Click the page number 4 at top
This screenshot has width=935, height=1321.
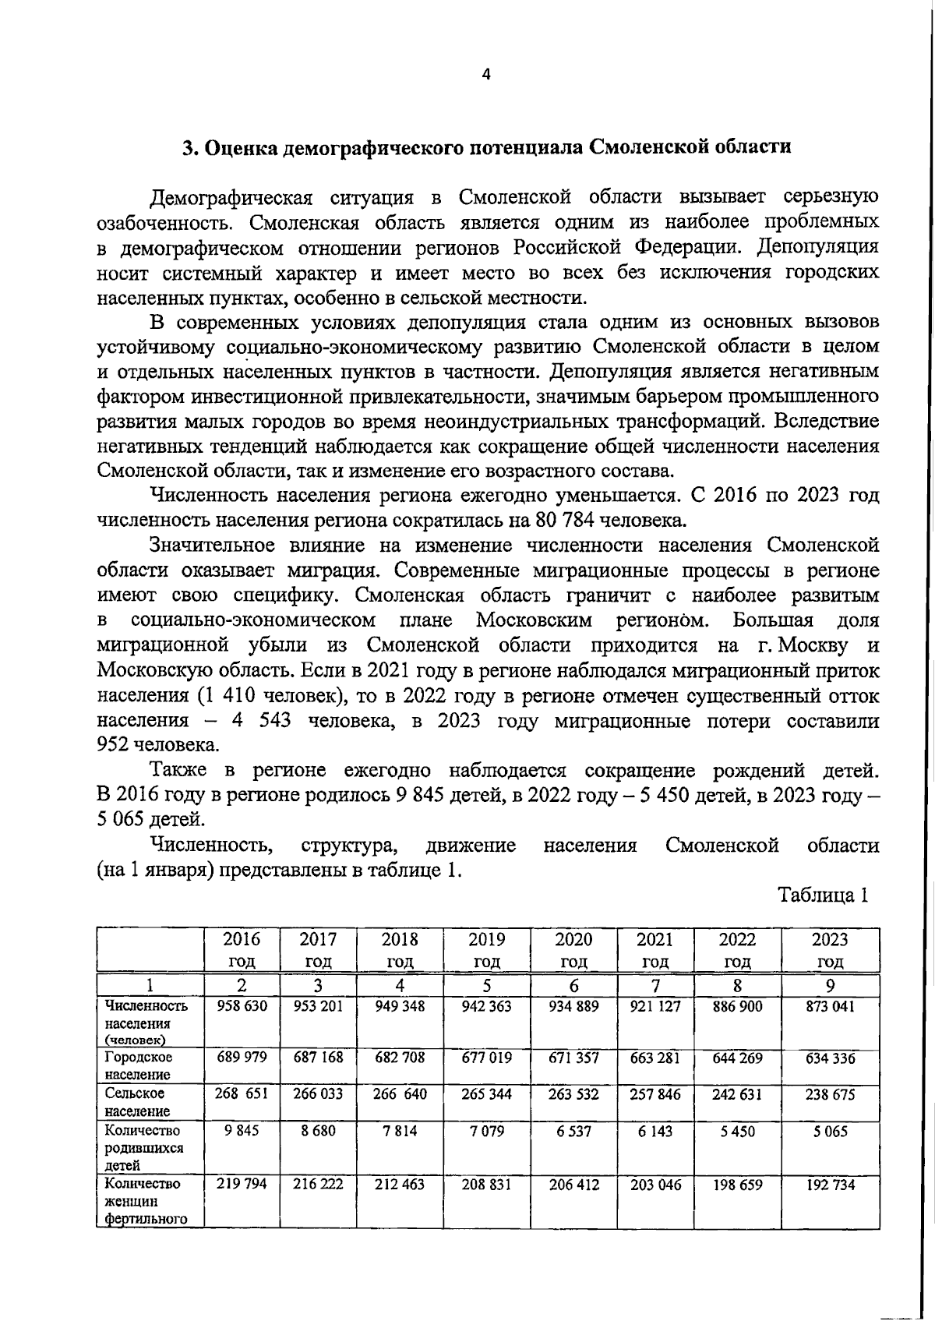[x=487, y=76]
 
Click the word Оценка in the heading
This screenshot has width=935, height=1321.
[x=242, y=147]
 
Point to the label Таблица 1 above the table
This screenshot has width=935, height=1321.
[x=823, y=895]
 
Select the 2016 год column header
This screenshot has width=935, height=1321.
[x=242, y=949]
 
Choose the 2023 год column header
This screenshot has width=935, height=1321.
[x=830, y=949]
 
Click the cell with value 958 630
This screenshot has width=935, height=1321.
[x=242, y=1006]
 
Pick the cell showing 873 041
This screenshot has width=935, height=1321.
[x=830, y=1006]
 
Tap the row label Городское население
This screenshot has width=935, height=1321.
[x=139, y=1066]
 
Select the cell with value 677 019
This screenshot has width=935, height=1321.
[x=486, y=1058]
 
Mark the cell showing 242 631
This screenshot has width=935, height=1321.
[x=737, y=1094]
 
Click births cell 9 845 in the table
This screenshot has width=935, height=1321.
[x=242, y=1131]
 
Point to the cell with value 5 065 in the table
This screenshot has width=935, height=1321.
[x=830, y=1131]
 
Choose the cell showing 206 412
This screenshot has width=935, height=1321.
[x=573, y=1185]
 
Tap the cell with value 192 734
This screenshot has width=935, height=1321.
[x=830, y=1185]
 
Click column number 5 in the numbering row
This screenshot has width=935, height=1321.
[x=486, y=984]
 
